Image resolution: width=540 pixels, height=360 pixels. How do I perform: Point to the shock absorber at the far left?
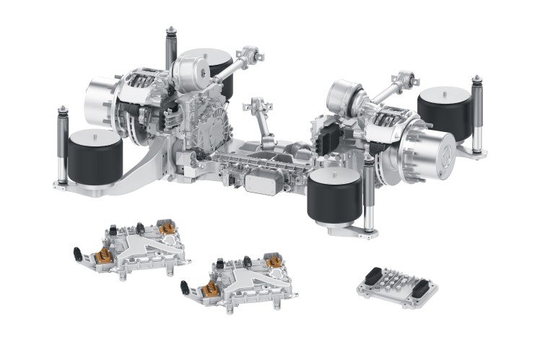(x=61, y=144)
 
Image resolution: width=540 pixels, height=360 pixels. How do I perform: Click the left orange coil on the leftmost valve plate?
(x=104, y=253)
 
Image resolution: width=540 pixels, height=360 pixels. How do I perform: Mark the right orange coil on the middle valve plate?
(x=275, y=263)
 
